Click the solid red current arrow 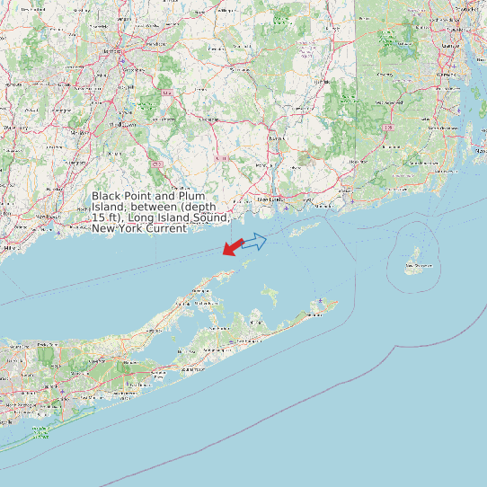point(233,245)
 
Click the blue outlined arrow point(254,241)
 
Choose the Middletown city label point(118,125)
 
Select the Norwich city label point(275,138)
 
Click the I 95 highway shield point(388,128)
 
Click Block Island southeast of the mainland point(416,258)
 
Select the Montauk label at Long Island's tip point(314,314)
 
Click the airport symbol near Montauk point(321,301)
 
